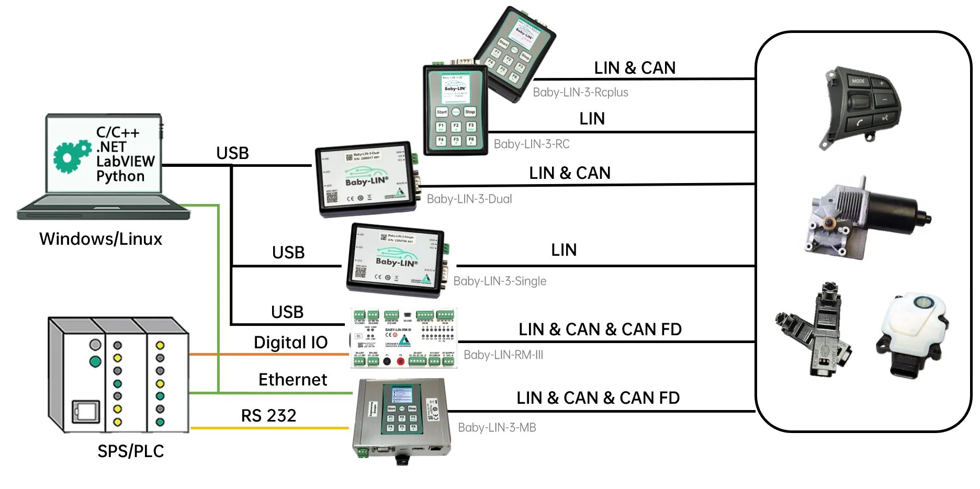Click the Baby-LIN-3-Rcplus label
pos(580,93)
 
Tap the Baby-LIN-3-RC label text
pos(532,144)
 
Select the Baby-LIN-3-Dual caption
pos(469,199)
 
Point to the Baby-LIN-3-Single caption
pos(500,281)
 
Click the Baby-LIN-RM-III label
pos(503,355)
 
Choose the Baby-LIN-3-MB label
pos(497,428)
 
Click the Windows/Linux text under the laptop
pos(100,239)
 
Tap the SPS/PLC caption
pos(131,451)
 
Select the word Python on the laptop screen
pos(120,176)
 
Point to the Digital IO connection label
pos(290,343)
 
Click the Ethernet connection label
pos(292,380)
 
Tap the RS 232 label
pos(268,416)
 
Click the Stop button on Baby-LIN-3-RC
pos(470,112)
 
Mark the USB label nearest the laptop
pos(232,153)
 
